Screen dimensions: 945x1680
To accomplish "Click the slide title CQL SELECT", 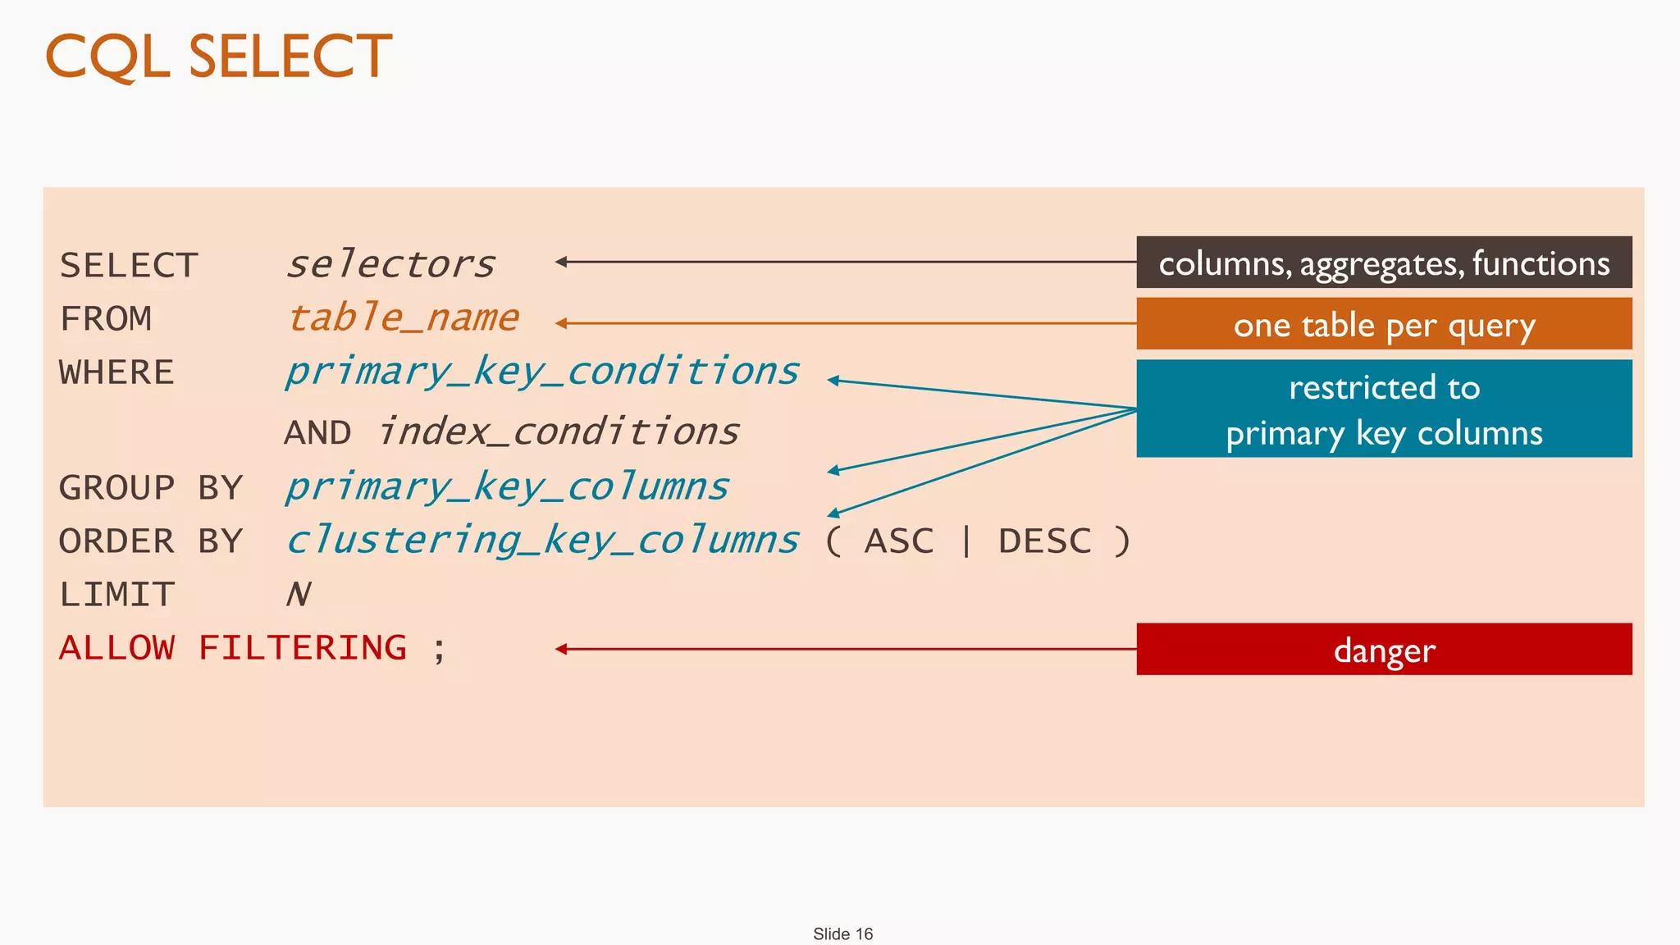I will [218, 57].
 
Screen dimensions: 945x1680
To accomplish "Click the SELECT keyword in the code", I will [129, 266].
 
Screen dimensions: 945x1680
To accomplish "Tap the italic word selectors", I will [390, 264].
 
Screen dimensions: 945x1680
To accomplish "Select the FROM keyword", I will [106, 319].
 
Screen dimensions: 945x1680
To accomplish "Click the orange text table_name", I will [403, 318].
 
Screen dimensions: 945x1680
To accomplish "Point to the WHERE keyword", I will [116, 372].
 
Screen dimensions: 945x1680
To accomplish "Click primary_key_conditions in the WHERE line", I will [541, 372].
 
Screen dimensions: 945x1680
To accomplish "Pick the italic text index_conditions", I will [558, 432].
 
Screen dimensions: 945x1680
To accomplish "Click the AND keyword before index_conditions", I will [317, 433].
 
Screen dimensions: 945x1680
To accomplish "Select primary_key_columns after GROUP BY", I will [506, 488].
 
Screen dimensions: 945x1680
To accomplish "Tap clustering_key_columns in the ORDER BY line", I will [541, 541].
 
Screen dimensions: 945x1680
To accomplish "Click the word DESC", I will [1044, 541].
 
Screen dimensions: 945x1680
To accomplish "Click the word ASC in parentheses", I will [899, 541].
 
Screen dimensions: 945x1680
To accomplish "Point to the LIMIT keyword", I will [116, 595].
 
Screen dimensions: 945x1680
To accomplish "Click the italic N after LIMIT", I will [299, 595].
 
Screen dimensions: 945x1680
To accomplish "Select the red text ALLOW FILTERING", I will [233, 648].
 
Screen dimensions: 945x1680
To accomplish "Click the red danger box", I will [1384, 650].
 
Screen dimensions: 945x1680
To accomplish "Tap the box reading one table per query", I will [1384, 324].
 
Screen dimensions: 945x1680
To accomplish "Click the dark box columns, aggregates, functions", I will [1384, 262].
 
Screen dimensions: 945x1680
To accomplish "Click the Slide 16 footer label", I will [842, 934].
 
